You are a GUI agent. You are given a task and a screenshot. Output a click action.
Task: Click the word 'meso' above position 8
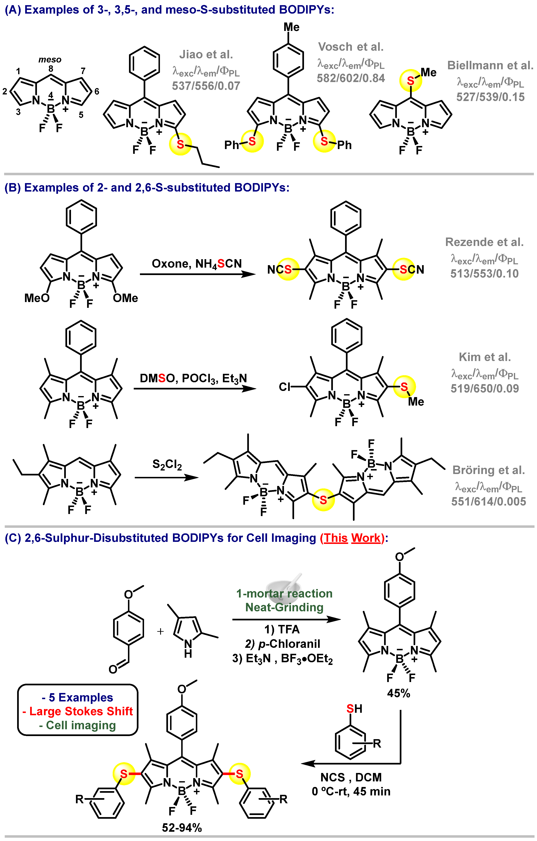point(50,60)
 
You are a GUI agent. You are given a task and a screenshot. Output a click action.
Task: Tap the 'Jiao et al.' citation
point(206,54)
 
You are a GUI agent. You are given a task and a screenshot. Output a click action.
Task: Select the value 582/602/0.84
point(351,78)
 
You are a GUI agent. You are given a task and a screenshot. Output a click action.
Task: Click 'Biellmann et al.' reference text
point(490,65)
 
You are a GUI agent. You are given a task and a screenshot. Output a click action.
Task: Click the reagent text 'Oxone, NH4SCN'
point(196,264)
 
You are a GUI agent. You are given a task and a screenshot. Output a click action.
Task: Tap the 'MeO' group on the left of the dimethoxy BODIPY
point(37,298)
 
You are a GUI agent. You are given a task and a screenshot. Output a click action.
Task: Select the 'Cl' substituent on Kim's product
point(285,387)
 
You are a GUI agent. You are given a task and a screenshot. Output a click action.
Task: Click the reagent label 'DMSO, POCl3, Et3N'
point(193,378)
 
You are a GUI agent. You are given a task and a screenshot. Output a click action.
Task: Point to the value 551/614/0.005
point(489,501)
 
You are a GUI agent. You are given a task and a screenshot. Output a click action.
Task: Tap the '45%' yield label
point(398,693)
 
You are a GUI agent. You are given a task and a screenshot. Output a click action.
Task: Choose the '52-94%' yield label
point(182,828)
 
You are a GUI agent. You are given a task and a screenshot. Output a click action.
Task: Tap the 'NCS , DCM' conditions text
point(351,777)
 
